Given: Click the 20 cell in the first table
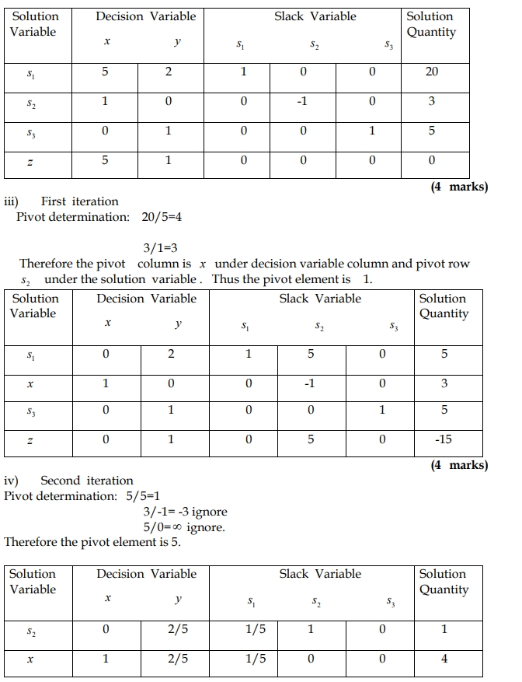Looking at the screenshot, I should pyautogui.click(x=432, y=72).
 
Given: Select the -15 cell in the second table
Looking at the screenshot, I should pyautogui.click(x=444, y=439).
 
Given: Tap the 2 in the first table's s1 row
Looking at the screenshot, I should pyautogui.click(x=168, y=72).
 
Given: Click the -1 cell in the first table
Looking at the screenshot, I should pyautogui.click(x=303, y=101).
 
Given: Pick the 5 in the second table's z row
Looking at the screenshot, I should pyautogui.click(x=311, y=439).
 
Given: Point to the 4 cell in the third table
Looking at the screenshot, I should pyautogui.click(x=444, y=659).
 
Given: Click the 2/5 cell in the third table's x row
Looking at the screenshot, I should pyautogui.click(x=178, y=659).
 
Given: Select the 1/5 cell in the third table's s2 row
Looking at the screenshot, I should pyautogui.click(x=255, y=629).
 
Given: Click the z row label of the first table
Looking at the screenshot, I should pyautogui.click(x=30, y=161).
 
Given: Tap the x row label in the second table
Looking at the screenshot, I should pyautogui.click(x=32, y=383).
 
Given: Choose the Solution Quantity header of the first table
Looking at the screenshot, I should pyautogui.click(x=431, y=24).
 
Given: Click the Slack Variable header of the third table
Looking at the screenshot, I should pyautogui.click(x=320, y=574).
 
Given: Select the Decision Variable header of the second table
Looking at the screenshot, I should pyautogui.click(x=147, y=299).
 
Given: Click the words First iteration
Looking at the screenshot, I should pyautogui.click(x=80, y=201).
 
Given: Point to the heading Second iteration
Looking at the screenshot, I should pyautogui.click(x=87, y=481).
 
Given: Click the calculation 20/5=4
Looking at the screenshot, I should pyautogui.click(x=158, y=217).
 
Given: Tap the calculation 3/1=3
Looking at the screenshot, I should pyautogui.click(x=162, y=248).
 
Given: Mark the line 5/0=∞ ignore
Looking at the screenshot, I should pyautogui.click(x=184, y=527).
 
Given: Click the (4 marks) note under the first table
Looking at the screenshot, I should pyautogui.click(x=459, y=187).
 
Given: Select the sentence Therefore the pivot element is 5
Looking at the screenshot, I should pyautogui.click(x=92, y=542).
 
